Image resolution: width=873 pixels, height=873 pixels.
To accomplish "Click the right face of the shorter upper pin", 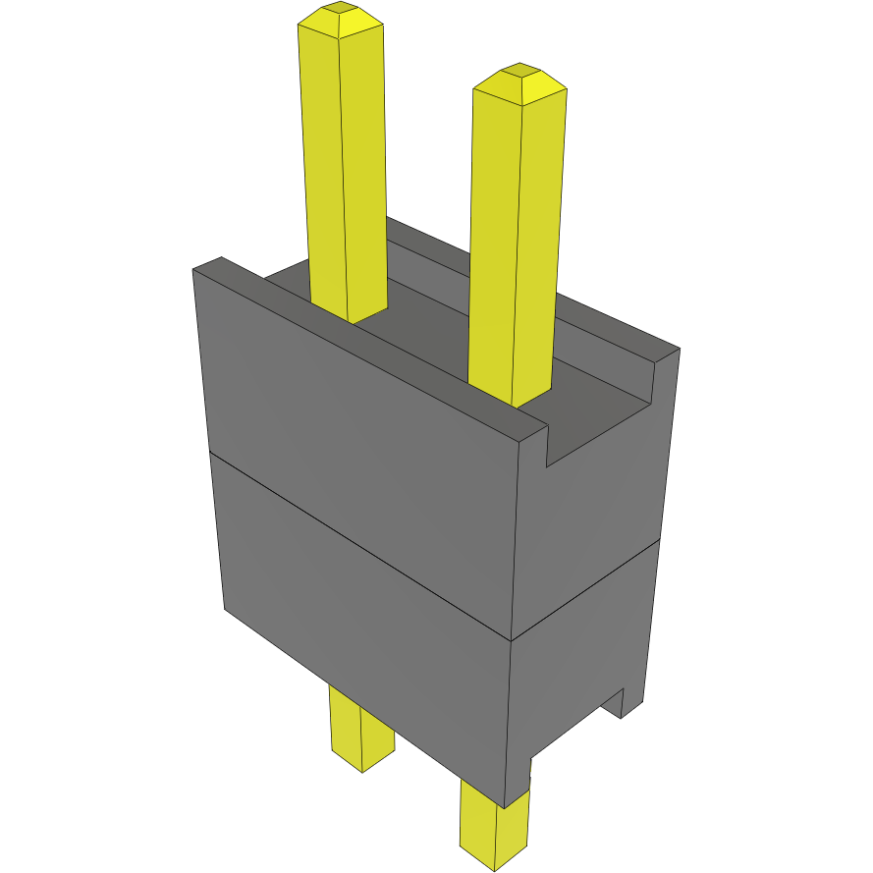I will [540, 246].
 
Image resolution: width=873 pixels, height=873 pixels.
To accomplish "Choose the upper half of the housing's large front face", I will [363, 452].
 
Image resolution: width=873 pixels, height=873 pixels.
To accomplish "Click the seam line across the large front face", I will [363, 545].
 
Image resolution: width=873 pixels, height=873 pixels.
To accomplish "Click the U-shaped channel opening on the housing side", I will [599, 422].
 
